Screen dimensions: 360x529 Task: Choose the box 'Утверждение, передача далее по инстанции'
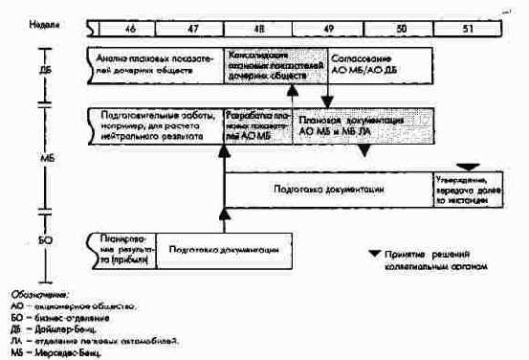465,191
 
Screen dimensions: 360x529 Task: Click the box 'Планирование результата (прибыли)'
121,248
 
